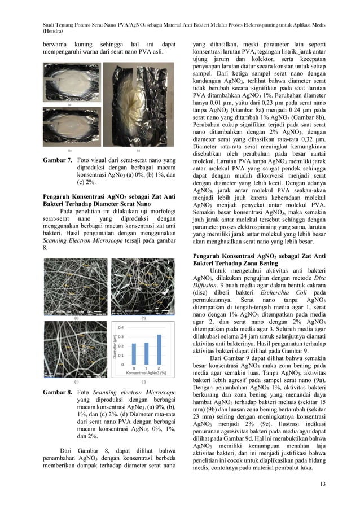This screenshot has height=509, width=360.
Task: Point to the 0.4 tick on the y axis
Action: (x=120, y=327)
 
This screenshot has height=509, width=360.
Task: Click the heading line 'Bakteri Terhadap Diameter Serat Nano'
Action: (x=97, y=205)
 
